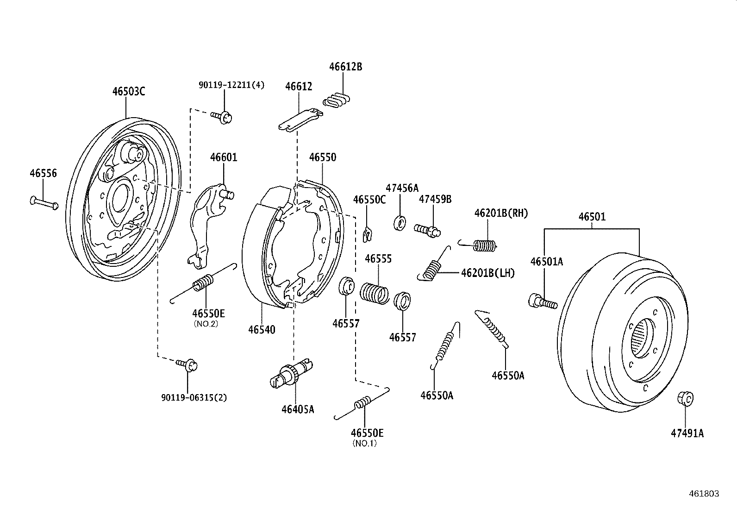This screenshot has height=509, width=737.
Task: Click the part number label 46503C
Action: tap(128, 91)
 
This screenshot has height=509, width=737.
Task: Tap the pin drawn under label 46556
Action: tap(44, 202)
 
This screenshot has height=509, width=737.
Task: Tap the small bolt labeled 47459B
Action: tap(427, 229)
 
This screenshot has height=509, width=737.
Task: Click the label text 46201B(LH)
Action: tap(487, 273)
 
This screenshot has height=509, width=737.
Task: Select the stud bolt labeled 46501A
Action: tap(542, 302)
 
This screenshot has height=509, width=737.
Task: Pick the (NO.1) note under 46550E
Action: tap(364, 443)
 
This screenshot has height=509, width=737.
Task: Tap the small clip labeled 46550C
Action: tap(368, 234)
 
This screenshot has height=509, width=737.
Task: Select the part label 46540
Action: tap(262, 330)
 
